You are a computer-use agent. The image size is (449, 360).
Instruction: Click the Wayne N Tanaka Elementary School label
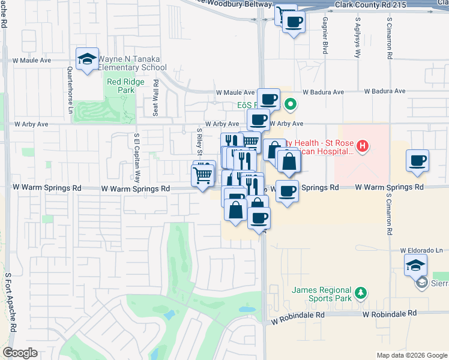[x=132, y=63]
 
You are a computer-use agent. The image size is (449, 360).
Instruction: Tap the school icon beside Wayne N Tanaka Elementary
[x=88, y=59]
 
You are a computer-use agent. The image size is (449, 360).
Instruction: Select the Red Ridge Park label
[x=121, y=86]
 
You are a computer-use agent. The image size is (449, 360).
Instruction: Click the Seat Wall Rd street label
[x=155, y=97]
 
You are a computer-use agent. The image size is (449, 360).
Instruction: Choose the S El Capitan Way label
[x=137, y=157]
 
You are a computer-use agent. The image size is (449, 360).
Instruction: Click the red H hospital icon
[x=362, y=145]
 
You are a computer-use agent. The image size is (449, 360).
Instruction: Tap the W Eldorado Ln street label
[x=421, y=250]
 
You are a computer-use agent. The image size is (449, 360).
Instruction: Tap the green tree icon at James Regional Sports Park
[x=361, y=293]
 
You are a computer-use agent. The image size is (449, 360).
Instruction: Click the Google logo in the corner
[x=20, y=353]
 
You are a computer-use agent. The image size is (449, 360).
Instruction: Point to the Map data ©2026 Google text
[x=411, y=355]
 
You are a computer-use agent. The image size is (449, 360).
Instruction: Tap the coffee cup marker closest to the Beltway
[x=293, y=22]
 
